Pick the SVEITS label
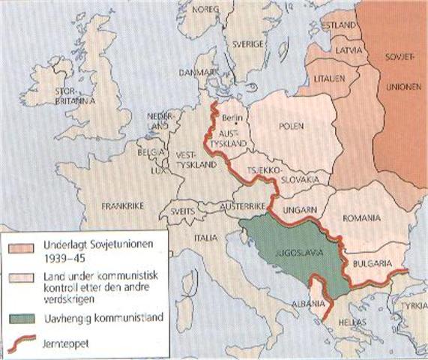click(x=191, y=212)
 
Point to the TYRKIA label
click(x=413, y=307)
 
